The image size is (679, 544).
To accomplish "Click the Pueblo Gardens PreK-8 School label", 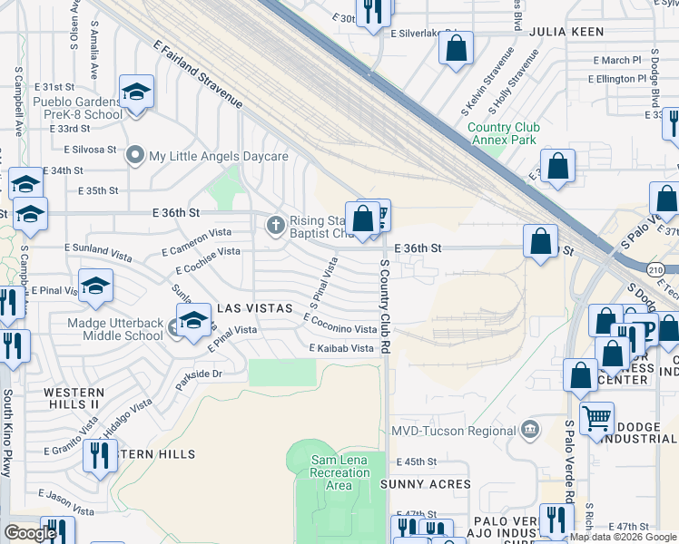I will [x=77, y=108].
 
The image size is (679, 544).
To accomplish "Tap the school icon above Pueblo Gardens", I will [x=136, y=92].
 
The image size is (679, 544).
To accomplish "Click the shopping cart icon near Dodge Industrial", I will [x=596, y=419].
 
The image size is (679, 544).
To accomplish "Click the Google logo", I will [x=31, y=533].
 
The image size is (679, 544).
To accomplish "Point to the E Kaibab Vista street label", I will [x=342, y=348].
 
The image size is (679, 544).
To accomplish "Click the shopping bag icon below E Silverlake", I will [x=457, y=47].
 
